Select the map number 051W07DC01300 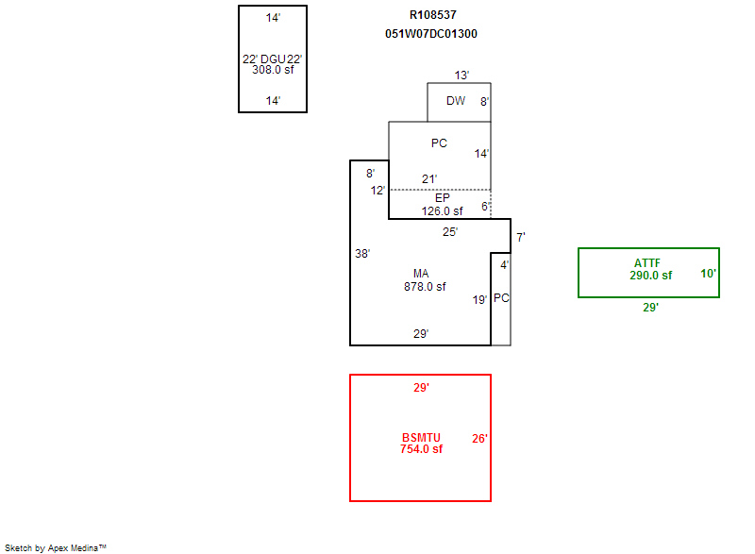431,34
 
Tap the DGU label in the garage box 272,59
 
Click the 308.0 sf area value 273,69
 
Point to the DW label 456,101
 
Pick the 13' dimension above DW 461,75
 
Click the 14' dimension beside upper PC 481,153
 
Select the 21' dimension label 429,178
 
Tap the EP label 443,198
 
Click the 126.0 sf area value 443,210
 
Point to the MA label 421,275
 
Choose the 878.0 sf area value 425,287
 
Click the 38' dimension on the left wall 362,254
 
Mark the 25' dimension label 450,231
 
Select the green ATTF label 647,262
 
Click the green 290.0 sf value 650,276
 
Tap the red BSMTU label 420,437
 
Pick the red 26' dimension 479,438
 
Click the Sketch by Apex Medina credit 55,547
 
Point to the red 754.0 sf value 421,449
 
